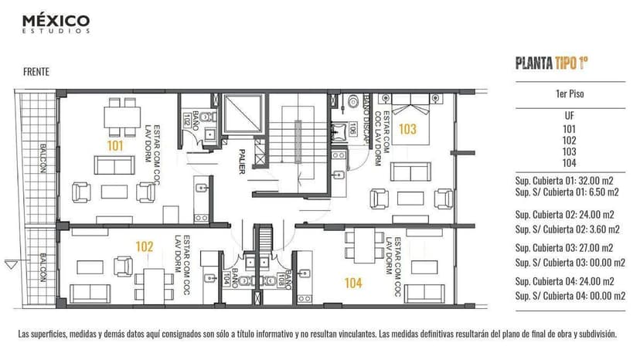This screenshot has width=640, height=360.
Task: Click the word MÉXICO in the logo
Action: coord(56,20)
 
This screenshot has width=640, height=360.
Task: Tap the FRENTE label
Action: coord(36,71)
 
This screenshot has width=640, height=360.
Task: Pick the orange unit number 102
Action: coord(144,247)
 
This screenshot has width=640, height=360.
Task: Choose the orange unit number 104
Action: coord(353,283)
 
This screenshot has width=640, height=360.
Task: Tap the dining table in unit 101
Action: coord(122,116)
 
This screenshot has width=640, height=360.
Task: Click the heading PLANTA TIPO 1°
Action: coord(557,63)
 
